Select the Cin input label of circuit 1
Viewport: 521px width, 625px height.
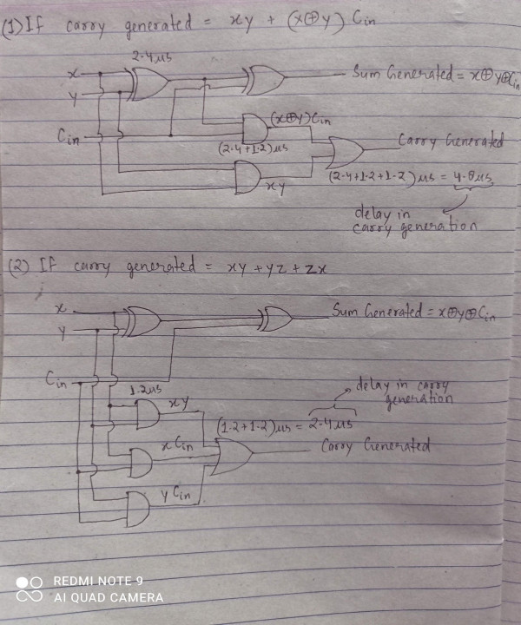coord(71,135)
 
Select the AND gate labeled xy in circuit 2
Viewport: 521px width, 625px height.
coord(148,415)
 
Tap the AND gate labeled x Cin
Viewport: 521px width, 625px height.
coord(140,465)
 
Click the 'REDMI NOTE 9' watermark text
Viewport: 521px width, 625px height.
coord(98,581)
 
